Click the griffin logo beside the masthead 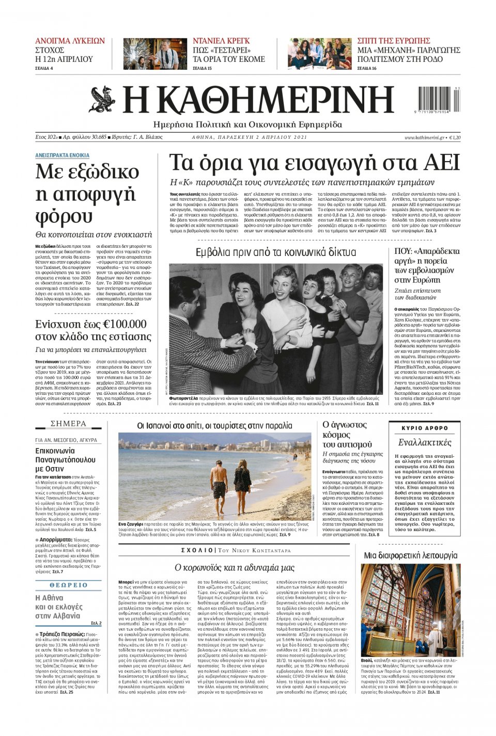pos(102,100)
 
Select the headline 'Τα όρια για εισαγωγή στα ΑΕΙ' pos(314,163)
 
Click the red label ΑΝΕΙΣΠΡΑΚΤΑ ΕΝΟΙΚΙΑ pos(62,155)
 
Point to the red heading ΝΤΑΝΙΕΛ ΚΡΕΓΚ pos(221,41)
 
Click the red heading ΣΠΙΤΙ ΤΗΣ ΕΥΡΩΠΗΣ pos(394,41)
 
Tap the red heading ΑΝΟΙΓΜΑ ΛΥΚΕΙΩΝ pos(70,41)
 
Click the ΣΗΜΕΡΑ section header pos(68,424)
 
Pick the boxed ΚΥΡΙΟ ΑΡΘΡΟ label pos(425,428)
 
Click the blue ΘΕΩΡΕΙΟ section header pos(69,585)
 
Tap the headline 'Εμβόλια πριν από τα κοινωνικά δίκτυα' pos(276,252)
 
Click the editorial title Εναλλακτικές pos(425,442)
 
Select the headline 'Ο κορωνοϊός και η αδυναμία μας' pos(234,568)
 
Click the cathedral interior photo pos(411,609)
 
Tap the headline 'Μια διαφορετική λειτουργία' pos(411,555)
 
